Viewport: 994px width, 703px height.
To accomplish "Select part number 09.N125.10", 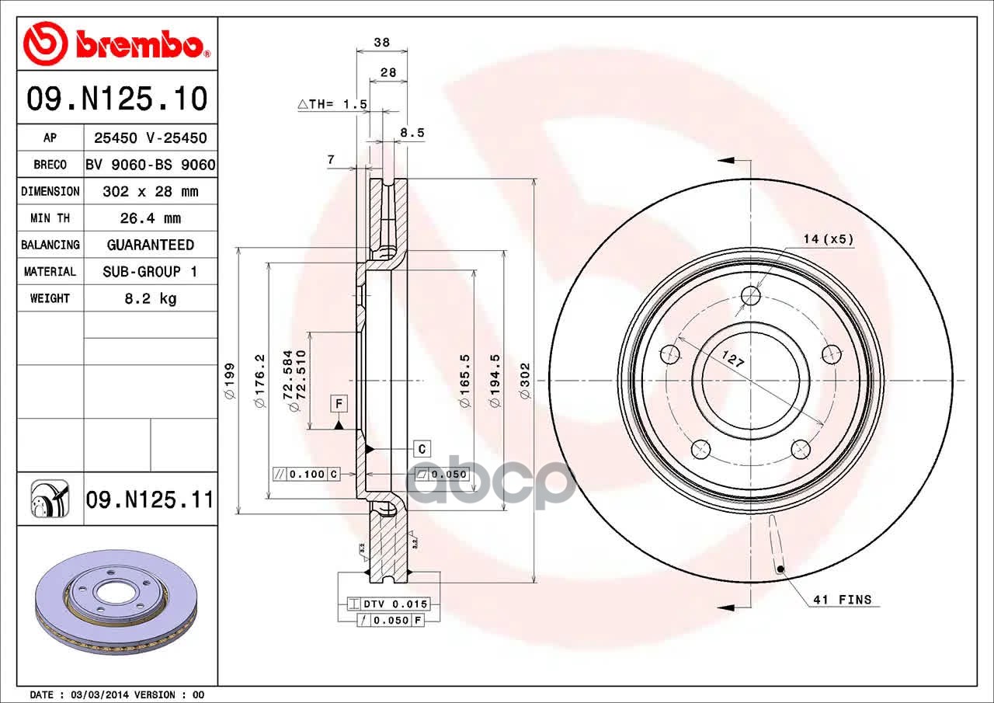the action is tap(117, 99).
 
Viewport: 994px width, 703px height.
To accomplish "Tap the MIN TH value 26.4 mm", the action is tap(151, 218).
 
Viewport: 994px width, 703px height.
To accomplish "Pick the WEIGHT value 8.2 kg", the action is tap(151, 298).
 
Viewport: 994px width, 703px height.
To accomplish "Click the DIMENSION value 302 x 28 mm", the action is tap(151, 191).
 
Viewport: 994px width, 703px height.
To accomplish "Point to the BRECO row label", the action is tap(50, 165).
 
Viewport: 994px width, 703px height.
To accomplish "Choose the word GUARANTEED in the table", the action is tap(151, 245).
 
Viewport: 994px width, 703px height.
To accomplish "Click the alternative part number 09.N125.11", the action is tap(150, 499).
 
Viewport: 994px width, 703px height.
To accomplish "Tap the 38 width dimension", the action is tap(381, 42).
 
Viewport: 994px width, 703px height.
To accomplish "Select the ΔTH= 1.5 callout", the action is tap(332, 104).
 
